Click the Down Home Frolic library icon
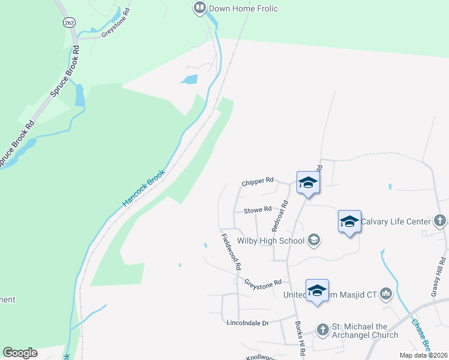(x=199, y=8)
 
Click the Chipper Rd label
(x=258, y=180)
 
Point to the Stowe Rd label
(x=258, y=211)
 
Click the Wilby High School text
(x=271, y=241)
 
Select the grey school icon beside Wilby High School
(x=313, y=241)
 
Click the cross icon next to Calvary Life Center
(x=439, y=221)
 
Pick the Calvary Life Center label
(x=397, y=221)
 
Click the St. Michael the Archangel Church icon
(x=323, y=329)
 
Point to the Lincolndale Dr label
(x=246, y=323)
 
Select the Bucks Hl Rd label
(x=300, y=337)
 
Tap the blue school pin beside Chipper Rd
(x=308, y=182)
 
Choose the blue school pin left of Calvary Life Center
(x=349, y=221)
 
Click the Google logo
(x=20, y=353)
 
